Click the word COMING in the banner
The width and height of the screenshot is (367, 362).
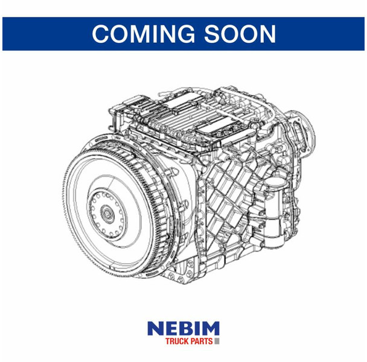pos(144,34)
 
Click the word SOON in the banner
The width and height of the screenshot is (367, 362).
pos(240,34)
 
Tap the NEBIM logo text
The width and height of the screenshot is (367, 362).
pos(183,328)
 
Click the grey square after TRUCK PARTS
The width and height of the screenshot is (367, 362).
pos(217,341)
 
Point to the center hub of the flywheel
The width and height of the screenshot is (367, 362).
pos(107,214)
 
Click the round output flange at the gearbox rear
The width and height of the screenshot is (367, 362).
pos(302,133)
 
